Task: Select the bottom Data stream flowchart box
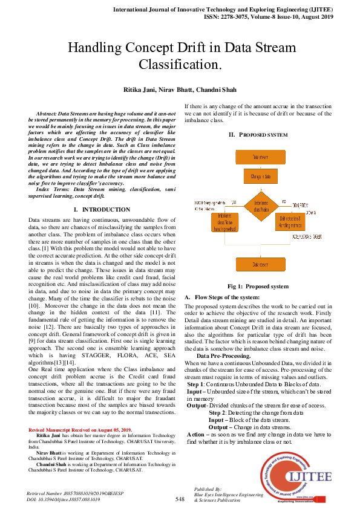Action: click(x=261, y=264)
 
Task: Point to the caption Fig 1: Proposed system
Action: click(x=258, y=286)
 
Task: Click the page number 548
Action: click(x=180, y=499)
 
